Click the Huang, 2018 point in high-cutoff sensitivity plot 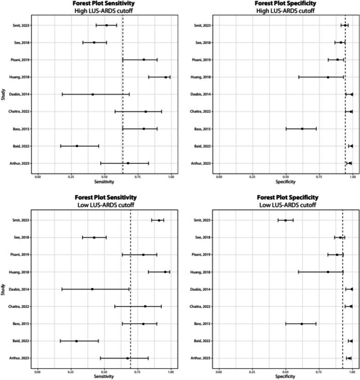[x=166, y=77]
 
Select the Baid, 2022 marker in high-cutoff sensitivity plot [x=77, y=146]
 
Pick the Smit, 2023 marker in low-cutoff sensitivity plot [x=159, y=220]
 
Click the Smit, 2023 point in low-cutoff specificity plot [x=285, y=220]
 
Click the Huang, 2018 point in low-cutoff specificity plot [x=328, y=272]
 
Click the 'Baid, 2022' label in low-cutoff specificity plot [x=203, y=341]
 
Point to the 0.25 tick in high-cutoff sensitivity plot [x=71, y=176]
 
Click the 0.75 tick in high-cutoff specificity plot [x=319, y=176]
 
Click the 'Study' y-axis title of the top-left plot [x=4, y=94]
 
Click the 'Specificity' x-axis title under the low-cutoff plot [x=285, y=376]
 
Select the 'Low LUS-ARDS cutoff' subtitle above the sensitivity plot [x=104, y=205]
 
